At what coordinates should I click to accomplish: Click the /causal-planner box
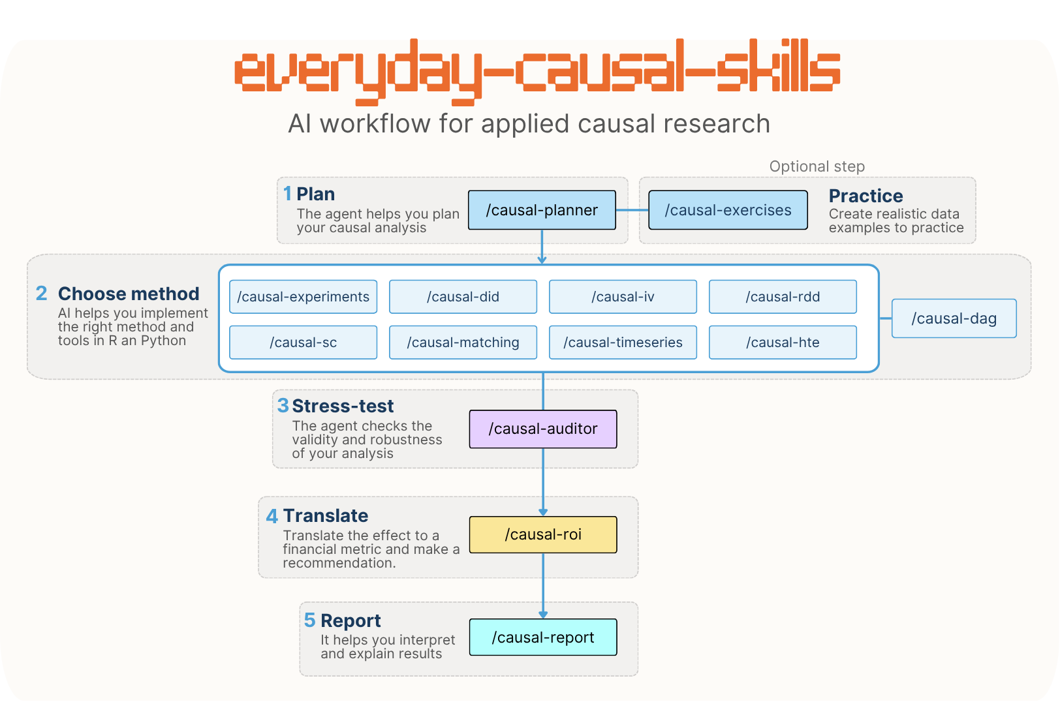tap(542, 210)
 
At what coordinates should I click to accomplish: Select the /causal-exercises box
tap(728, 210)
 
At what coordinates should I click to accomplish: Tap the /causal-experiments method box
tap(304, 297)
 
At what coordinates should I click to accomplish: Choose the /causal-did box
tap(463, 297)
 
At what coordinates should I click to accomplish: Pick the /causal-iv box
tap(623, 297)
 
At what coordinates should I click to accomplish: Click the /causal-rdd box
tap(783, 297)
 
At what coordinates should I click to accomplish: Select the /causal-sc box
tap(304, 342)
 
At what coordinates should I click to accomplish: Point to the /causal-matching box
tap(463, 342)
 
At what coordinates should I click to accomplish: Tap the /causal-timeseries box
tap(623, 342)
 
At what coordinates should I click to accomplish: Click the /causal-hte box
tap(783, 342)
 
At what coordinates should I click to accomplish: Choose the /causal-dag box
tap(954, 318)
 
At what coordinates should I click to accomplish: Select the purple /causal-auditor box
tap(543, 429)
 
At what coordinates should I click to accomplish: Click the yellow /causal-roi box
tap(543, 534)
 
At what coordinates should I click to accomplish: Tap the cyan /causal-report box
tap(543, 637)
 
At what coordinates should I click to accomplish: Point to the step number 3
tap(283, 406)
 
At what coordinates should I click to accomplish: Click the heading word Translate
tap(326, 515)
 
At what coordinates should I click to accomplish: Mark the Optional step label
tap(817, 166)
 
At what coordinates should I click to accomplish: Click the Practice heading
tap(866, 196)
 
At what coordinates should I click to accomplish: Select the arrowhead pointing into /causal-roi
tap(543, 512)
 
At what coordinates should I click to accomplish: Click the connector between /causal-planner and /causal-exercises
tap(632, 210)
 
